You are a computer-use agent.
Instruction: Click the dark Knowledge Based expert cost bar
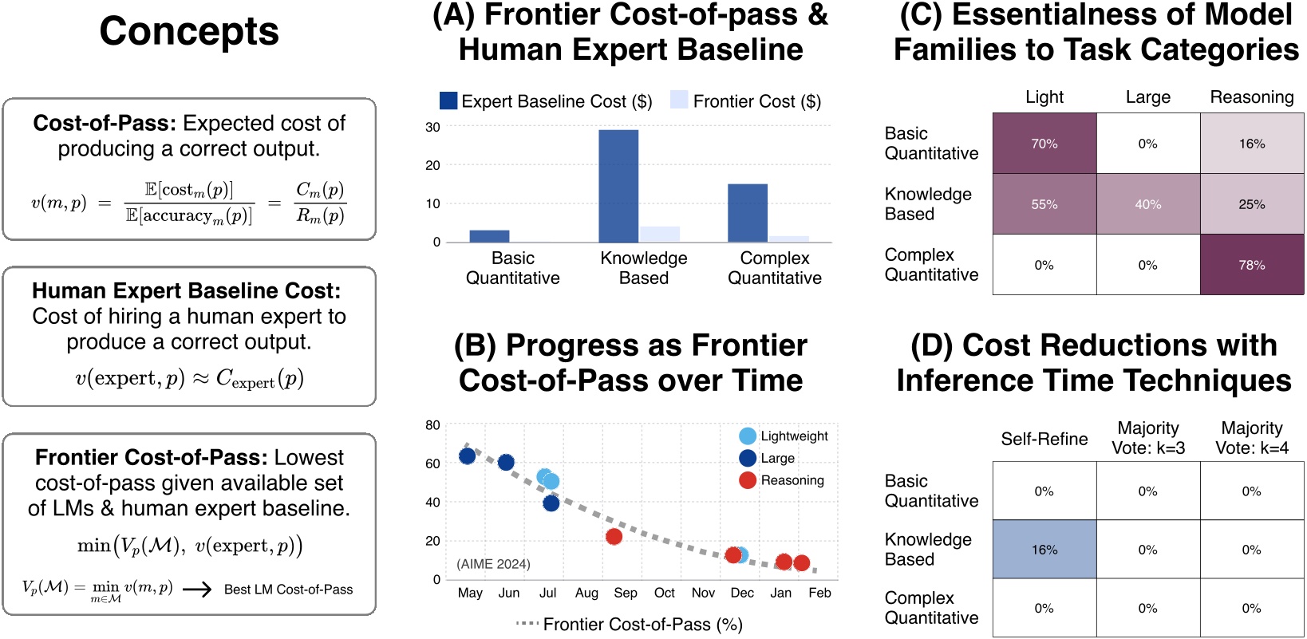pyautogui.click(x=618, y=185)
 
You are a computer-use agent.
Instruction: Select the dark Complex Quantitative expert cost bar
pyautogui.click(x=748, y=212)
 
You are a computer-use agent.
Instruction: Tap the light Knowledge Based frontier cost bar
pyautogui.click(x=660, y=234)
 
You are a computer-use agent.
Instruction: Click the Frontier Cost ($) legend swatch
pyautogui.click(x=679, y=100)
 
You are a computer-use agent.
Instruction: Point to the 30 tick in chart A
pyautogui.click(x=432, y=127)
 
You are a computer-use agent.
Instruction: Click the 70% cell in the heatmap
pyautogui.click(x=1044, y=144)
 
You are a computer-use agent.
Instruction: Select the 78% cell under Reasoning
pyautogui.click(x=1251, y=265)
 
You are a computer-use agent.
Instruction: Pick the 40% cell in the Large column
pyautogui.click(x=1147, y=204)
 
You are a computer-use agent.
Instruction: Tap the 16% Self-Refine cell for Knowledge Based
pyautogui.click(x=1044, y=550)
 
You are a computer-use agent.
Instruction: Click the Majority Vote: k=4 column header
pyautogui.click(x=1251, y=438)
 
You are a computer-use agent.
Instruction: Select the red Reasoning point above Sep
pyautogui.click(x=614, y=537)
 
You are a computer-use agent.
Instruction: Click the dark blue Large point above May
pyautogui.click(x=468, y=456)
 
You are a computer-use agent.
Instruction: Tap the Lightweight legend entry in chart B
pyautogui.click(x=784, y=436)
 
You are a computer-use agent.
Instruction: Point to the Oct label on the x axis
pyautogui.click(x=664, y=593)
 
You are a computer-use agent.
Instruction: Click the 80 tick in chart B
pyautogui.click(x=432, y=425)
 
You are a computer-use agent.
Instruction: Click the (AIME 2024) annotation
pyautogui.click(x=493, y=564)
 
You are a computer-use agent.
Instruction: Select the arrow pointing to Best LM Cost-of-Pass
pyautogui.click(x=197, y=590)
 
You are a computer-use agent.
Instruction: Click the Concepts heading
pyautogui.click(x=189, y=32)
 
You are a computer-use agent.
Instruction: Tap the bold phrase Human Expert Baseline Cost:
pyautogui.click(x=186, y=290)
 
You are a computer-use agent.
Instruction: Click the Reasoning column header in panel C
pyautogui.click(x=1251, y=97)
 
